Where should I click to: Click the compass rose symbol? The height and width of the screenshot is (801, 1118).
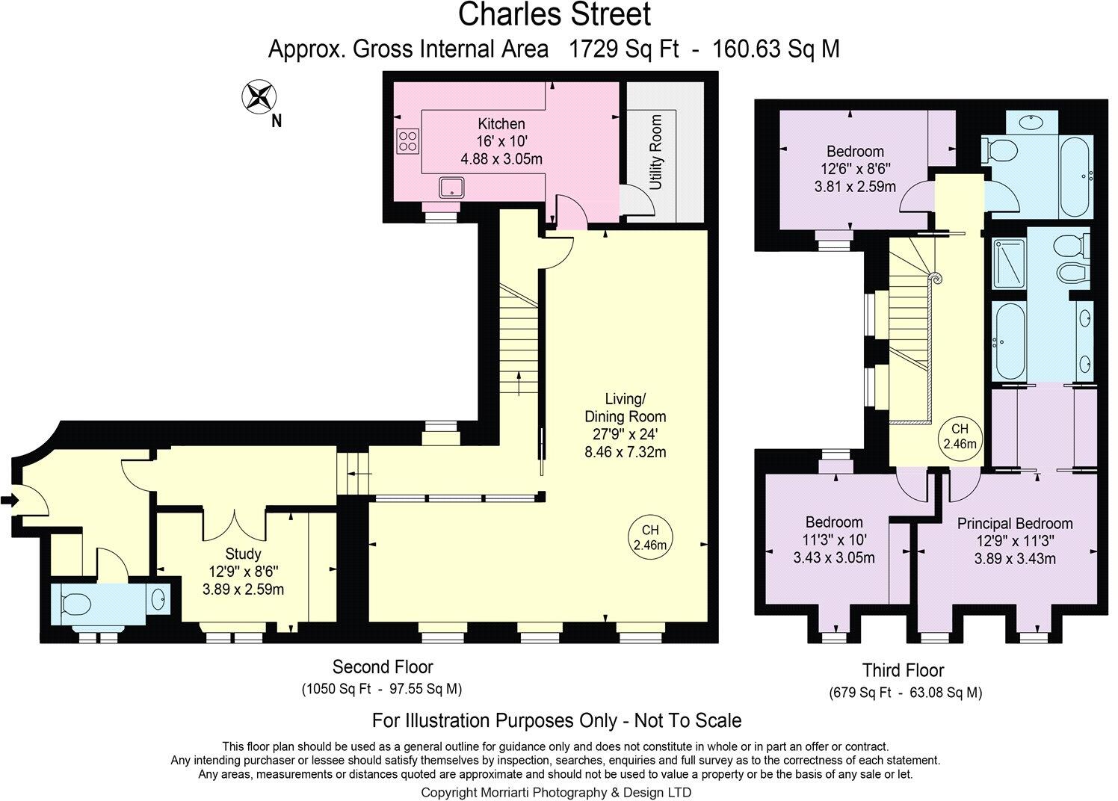pyautogui.click(x=259, y=96)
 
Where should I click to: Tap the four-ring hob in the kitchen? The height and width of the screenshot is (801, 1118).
pyautogui.click(x=408, y=141)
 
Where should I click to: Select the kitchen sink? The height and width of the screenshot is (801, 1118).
pyautogui.click(x=451, y=187)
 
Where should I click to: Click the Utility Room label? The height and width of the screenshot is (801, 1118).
pyautogui.click(x=656, y=152)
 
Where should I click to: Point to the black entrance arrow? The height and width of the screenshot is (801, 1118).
pyautogui.click(x=10, y=500)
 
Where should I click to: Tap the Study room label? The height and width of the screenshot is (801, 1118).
pyautogui.click(x=243, y=554)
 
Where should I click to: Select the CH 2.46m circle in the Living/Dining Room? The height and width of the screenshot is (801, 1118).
pyautogui.click(x=650, y=537)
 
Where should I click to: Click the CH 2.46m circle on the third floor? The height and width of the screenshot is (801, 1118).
pyautogui.click(x=960, y=436)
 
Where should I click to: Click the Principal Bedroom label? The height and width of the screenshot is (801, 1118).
pyautogui.click(x=1015, y=524)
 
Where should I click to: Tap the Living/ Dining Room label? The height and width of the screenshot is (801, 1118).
pyautogui.click(x=625, y=407)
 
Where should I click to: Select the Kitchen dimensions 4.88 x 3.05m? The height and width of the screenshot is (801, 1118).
pyautogui.click(x=501, y=159)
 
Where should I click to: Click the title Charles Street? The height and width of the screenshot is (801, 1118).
pyautogui.click(x=554, y=14)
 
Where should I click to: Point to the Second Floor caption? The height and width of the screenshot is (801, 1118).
pyautogui.click(x=383, y=667)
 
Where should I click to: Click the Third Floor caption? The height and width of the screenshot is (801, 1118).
pyautogui.click(x=904, y=670)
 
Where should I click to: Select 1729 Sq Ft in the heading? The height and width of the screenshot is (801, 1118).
pyautogui.click(x=624, y=49)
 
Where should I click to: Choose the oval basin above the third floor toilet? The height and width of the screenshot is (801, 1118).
pyautogui.click(x=1031, y=122)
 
